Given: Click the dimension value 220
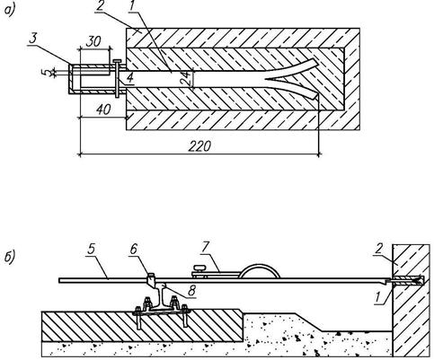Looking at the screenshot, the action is point(199,146).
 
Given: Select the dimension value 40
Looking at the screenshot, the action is point(103,110).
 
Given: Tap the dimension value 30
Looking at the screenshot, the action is point(93,42).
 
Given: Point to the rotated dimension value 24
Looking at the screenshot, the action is point(186,78).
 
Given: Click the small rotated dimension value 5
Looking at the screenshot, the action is point(48,72).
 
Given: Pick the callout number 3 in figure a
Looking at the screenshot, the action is point(33,39).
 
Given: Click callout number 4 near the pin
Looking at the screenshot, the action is point(129,78).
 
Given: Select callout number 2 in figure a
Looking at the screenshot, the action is point(100,6).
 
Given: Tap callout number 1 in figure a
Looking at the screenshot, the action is point(131,6).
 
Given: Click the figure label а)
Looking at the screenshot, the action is point(9,11).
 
